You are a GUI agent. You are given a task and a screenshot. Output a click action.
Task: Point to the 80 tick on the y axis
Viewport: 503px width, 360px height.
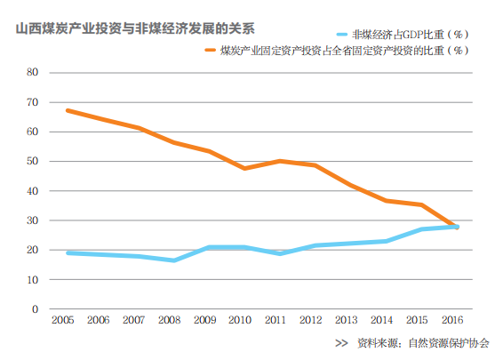[33, 73]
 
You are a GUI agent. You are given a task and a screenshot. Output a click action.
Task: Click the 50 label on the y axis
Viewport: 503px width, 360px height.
[33, 162]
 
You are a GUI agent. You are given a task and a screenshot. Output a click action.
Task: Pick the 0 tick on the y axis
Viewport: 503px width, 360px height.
[36, 309]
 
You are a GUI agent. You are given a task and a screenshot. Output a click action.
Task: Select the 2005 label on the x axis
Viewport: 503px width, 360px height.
[62, 319]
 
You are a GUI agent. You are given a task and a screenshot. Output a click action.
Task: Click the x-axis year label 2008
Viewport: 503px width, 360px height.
[170, 319]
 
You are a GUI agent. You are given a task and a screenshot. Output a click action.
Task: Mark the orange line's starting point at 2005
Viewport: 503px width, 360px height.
[68, 110]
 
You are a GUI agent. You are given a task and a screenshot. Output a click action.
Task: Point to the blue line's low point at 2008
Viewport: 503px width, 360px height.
[173, 260]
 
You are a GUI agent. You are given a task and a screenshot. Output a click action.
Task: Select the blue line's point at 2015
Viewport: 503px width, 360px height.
[422, 229]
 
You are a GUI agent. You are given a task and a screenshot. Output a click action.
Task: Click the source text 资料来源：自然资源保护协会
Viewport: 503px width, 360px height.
[423, 342]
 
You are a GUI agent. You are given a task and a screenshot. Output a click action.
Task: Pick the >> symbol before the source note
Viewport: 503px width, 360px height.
[341, 342]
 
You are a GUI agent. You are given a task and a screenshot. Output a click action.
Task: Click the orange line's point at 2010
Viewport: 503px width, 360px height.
[244, 168]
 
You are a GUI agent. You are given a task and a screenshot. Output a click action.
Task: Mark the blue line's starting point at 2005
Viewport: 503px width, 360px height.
[68, 252]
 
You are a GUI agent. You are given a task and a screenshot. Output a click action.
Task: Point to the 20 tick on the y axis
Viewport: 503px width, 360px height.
[33, 250]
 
